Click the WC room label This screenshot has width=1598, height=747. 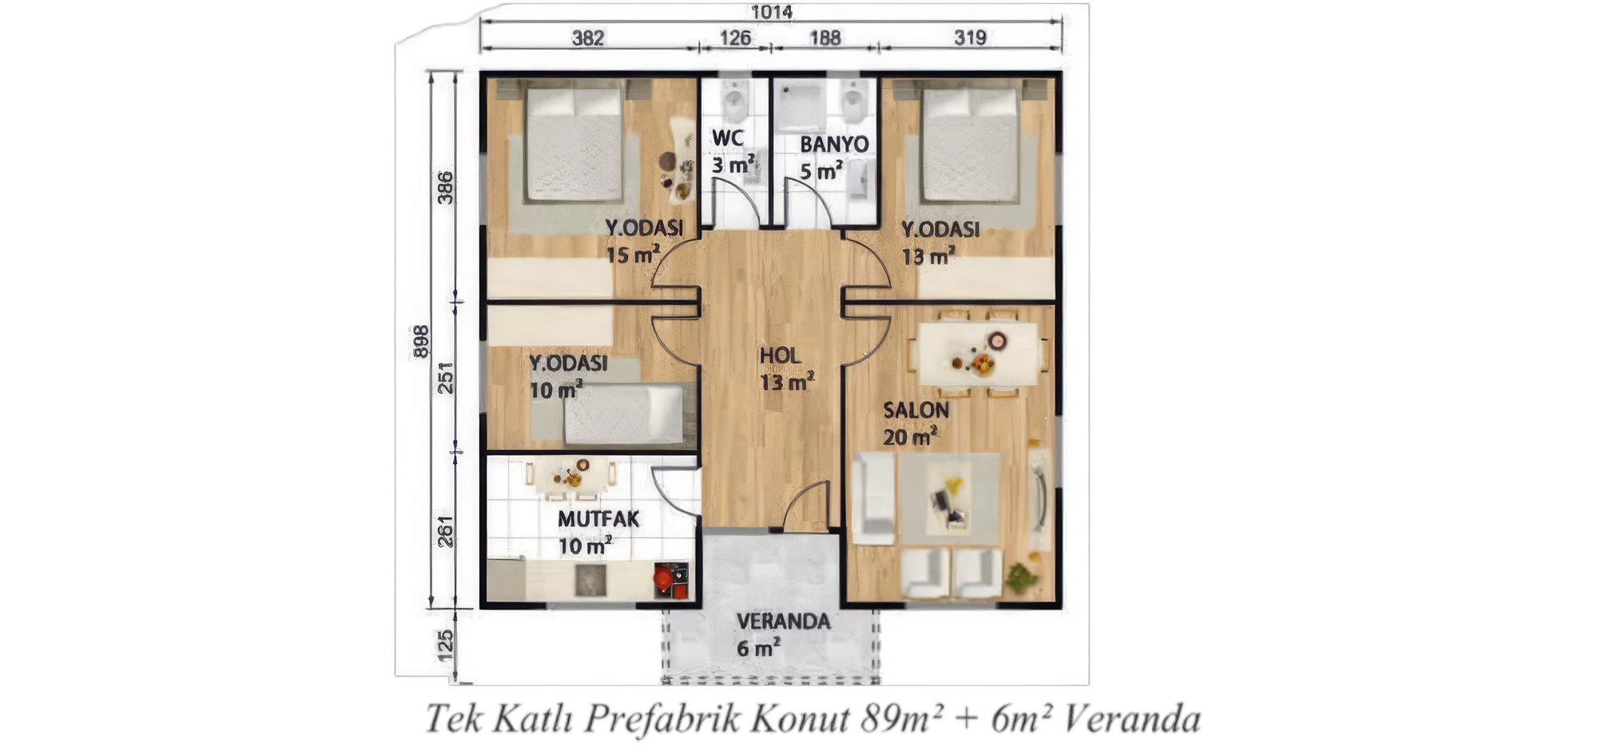point(727,138)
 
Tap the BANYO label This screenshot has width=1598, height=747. point(834,145)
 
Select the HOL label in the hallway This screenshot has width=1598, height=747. point(780,356)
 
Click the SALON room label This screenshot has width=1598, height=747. point(916,410)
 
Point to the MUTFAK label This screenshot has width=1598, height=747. point(598,519)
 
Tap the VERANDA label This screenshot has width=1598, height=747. point(783,622)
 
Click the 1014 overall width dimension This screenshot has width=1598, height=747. point(771,12)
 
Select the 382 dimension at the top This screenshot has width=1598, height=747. point(588,38)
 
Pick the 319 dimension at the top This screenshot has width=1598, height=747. point(970,38)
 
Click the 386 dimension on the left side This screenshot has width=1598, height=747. point(445,188)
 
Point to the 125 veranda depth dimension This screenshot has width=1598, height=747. point(446,646)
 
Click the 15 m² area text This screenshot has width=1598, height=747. point(633,255)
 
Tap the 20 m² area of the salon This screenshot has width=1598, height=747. point(910,437)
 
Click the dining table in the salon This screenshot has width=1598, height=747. point(977,354)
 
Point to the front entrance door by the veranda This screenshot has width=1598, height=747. point(806,505)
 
